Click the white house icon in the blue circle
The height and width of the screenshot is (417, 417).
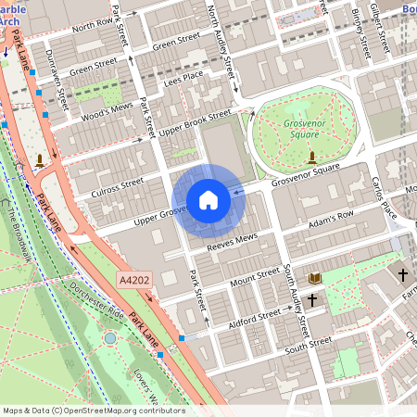[x=208, y=199]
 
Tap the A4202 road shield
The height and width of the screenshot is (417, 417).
[x=133, y=277]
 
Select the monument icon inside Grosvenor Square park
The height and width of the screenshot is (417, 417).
[x=312, y=157]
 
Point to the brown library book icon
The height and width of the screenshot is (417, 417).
[x=315, y=277]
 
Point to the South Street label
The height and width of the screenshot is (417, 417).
[x=308, y=344]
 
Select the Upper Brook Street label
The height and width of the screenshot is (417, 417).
[x=194, y=121]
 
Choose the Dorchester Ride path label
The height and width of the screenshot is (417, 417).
[x=92, y=297]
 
